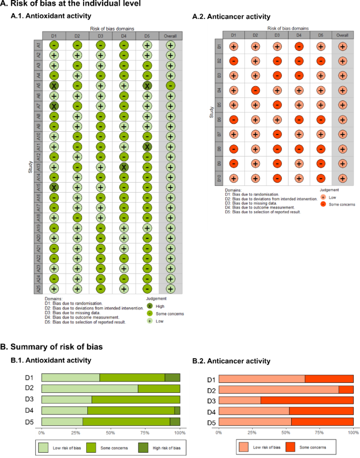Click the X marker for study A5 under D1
(x=54, y=86)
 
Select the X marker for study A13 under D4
(x=124, y=167)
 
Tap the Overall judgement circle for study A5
(x=170, y=86)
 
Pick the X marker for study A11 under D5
(x=147, y=147)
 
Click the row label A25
(x=38, y=288)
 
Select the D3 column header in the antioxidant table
(x=100, y=36)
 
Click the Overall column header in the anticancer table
(x=343, y=35)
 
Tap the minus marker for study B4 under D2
(x=255, y=90)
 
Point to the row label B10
(x=219, y=178)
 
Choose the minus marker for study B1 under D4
(x=299, y=47)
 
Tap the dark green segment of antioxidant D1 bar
(x=172, y=377)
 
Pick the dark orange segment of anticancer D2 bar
(x=346, y=389)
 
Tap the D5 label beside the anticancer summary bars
(x=210, y=422)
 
